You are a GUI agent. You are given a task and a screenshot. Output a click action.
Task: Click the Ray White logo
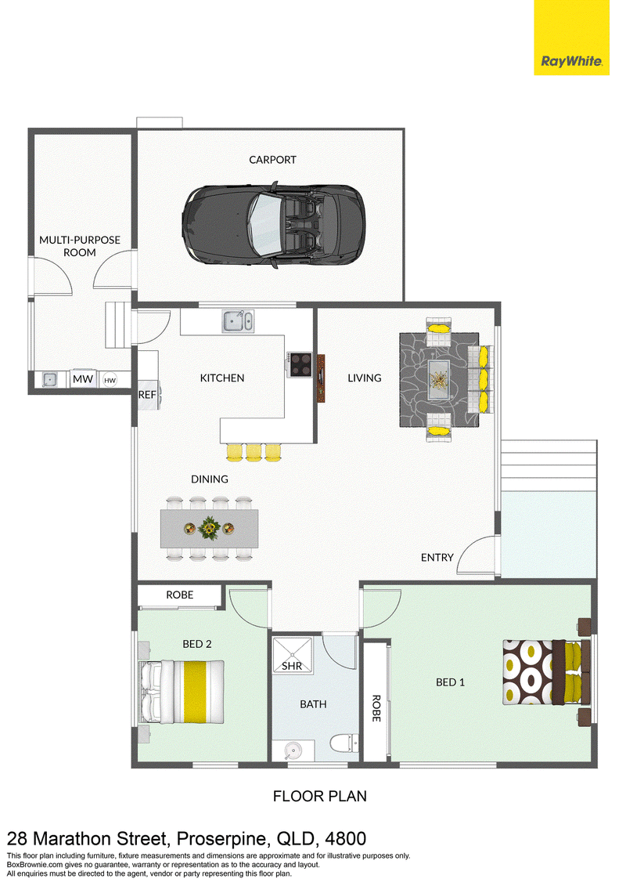pos(571,38)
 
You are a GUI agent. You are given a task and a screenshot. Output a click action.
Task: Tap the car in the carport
pos(273,225)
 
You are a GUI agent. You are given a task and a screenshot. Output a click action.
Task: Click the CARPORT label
pos(272,160)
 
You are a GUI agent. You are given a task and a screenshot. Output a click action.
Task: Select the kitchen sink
pos(237,321)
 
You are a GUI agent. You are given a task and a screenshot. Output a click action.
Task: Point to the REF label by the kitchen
pos(147,394)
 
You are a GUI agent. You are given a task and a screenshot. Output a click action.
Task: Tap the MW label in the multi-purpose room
pos(83,379)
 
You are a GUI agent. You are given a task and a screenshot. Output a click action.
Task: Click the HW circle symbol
pos(110,380)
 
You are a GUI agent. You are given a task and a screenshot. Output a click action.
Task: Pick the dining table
pos(210,528)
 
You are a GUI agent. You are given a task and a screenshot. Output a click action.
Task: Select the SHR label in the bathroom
pos(292,666)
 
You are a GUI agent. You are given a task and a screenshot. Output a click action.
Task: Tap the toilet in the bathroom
pos(344,743)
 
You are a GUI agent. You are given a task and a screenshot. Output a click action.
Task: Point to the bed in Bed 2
pos(182,693)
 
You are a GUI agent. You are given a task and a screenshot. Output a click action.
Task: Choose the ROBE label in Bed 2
pos(179,595)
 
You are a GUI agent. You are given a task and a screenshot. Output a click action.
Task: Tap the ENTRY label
pos(437,558)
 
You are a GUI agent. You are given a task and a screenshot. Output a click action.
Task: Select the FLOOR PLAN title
pos(319,796)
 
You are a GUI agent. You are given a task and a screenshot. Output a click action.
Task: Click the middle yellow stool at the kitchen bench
pos(254,452)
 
